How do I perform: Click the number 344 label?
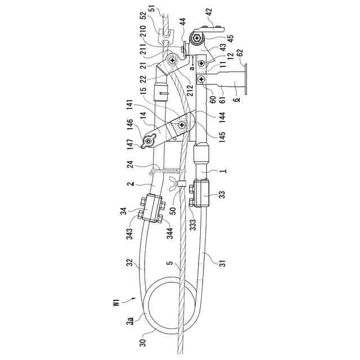coord(169,232)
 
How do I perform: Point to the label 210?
coord(145,46)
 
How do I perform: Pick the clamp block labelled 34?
coord(152,208)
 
